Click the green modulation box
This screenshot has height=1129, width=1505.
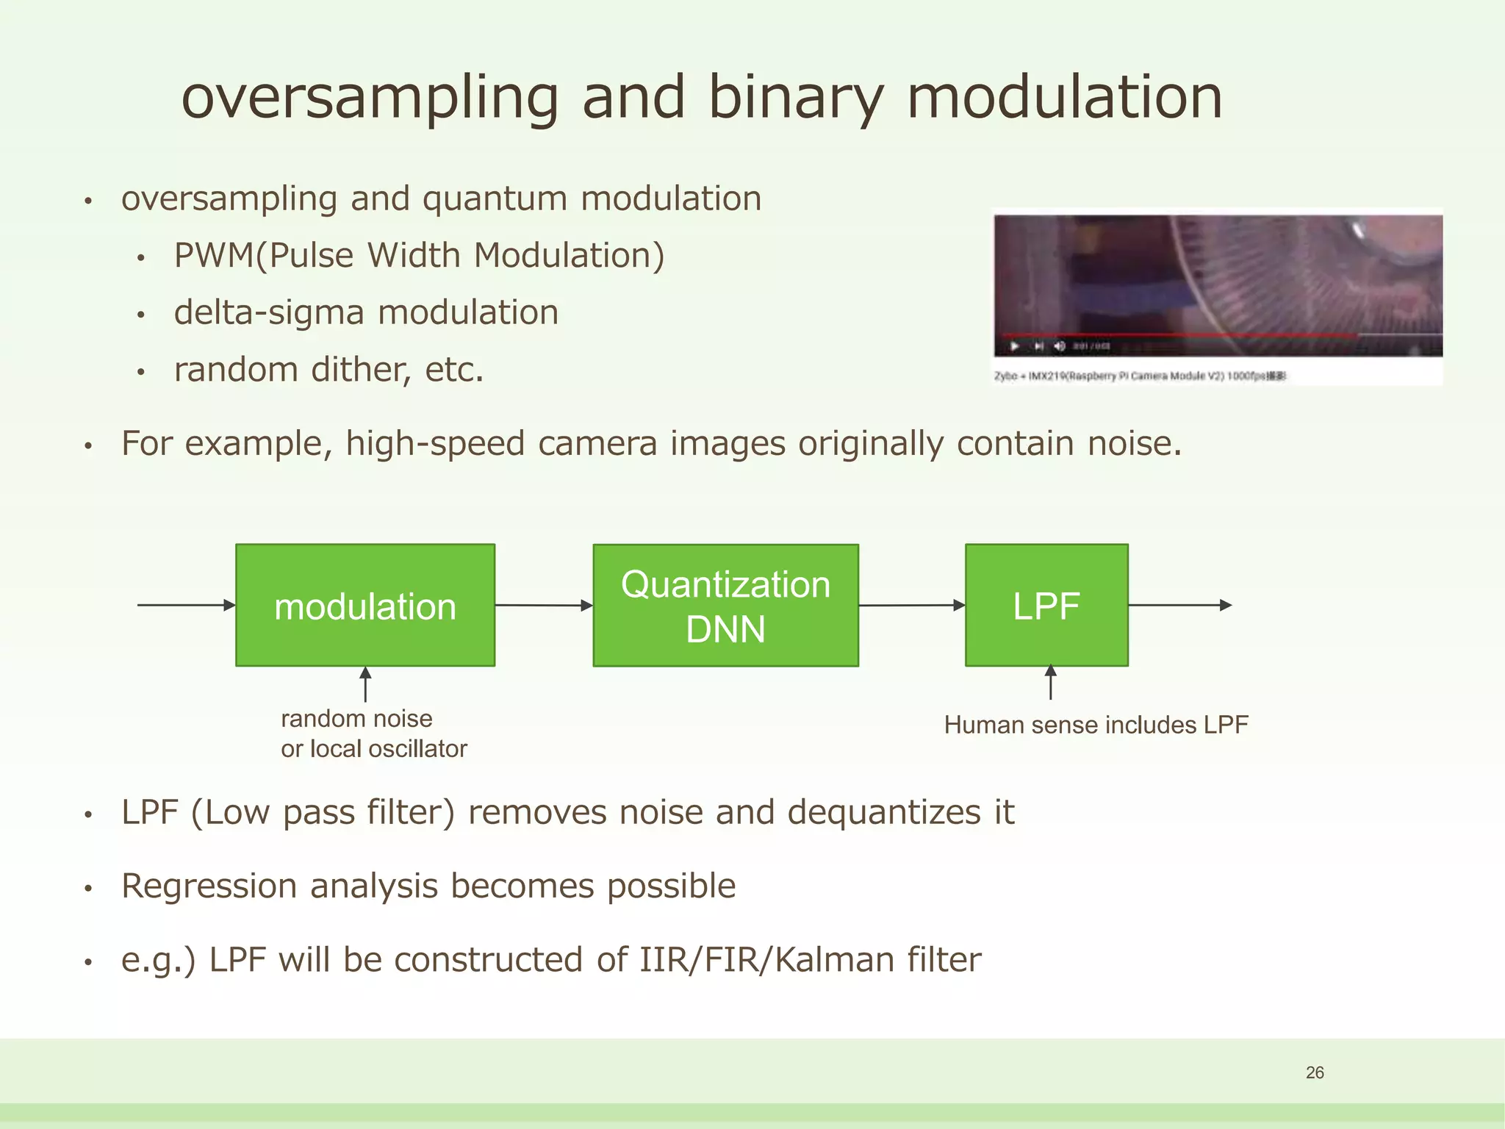coord(364,605)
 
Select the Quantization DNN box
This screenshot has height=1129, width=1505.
coord(725,605)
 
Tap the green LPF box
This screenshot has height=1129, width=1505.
coord(1046,605)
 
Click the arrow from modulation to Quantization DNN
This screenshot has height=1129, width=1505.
coord(544,605)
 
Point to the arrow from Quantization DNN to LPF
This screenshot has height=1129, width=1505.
coord(911,605)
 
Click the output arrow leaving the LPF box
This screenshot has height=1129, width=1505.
coord(1179,605)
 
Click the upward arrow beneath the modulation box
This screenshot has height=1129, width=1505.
coord(365,684)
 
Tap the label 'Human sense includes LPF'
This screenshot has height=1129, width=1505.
coord(1096,725)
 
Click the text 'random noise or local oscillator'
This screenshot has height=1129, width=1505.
coord(373,734)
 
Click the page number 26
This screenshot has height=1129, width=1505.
coord(1315,1072)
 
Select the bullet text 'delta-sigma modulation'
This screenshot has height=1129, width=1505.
coord(366,312)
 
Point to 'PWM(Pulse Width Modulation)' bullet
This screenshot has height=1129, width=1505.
coord(419,256)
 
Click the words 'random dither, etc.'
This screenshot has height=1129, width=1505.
coord(328,370)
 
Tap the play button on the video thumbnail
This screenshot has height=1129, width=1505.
coord(1015,346)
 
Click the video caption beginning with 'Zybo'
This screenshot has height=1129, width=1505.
coord(1139,376)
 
